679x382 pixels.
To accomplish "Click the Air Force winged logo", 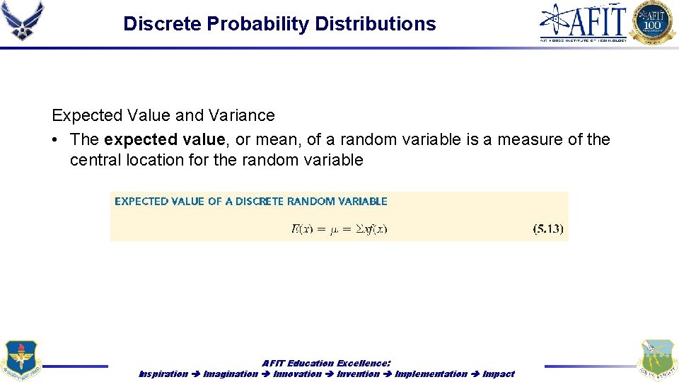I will point(23,21).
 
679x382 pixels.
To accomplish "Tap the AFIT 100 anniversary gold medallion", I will point(653,22).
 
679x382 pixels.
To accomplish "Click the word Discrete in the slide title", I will point(162,24).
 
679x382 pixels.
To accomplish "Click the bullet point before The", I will point(55,139).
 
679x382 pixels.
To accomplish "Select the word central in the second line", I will point(95,160).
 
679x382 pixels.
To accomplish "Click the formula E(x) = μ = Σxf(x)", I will point(339,228).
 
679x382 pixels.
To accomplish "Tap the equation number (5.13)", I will point(547,229).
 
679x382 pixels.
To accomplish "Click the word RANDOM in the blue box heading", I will point(312,202).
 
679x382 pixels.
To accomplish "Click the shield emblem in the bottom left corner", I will point(21,361).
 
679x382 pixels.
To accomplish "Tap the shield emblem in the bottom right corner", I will point(656,361).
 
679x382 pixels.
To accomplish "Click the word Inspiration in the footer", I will point(163,374).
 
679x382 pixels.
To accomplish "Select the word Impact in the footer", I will point(499,374).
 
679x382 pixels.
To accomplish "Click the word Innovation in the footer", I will point(297,374).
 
